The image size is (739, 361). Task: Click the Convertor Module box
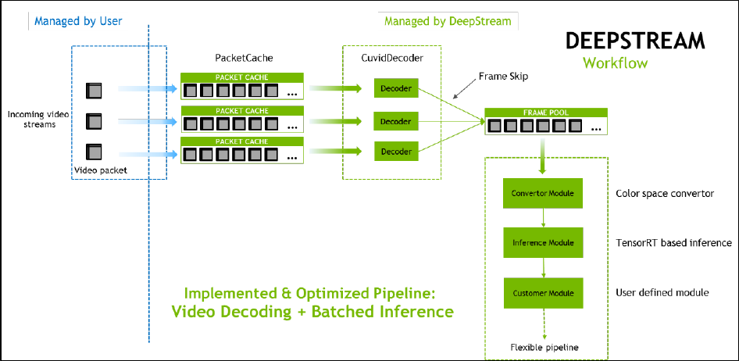click(x=542, y=193)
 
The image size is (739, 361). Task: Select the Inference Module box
click(x=542, y=243)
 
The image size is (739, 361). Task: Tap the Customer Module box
click(x=542, y=293)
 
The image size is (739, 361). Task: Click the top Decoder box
click(x=397, y=88)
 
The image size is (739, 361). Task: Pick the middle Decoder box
click(x=397, y=121)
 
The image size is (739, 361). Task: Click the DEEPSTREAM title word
click(x=634, y=41)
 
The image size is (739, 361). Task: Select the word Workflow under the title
click(x=615, y=63)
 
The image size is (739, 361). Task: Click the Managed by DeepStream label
click(x=447, y=22)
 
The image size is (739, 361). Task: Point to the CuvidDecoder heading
click(x=392, y=59)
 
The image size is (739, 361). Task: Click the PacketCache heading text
click(x=244, y=59)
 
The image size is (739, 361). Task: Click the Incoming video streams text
click(x=37, y=120)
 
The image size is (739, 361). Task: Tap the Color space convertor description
click(x=665, y=193)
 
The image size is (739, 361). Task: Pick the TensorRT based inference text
click(x=673, y=243)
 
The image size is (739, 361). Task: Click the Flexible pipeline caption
click(x=544, y=346)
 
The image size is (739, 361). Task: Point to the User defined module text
click(x=662, y=293)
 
